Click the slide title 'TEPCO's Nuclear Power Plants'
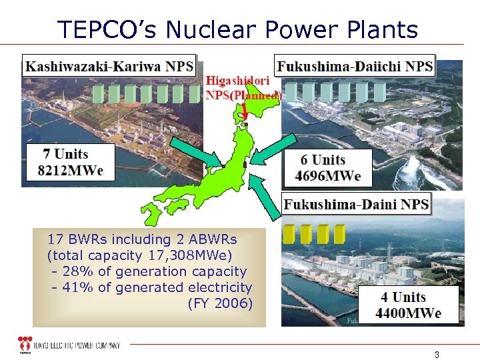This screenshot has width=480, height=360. (x=238, y=29)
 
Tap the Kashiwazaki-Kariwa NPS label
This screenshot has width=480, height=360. (x=109, y=67)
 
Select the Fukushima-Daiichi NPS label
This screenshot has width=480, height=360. (x=354, y=67)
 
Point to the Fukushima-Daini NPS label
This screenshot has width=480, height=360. (x=356, y=204)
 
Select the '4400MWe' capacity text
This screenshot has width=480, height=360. (x=408, y=313)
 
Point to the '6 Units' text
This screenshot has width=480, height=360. (x=323, y=160)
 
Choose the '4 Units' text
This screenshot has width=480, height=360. (x=403, y=297)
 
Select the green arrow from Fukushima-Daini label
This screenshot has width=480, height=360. (x=267, y=200)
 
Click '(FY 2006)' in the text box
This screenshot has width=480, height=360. (x=220, y=303)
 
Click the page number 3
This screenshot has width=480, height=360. (x=437, y=355)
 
